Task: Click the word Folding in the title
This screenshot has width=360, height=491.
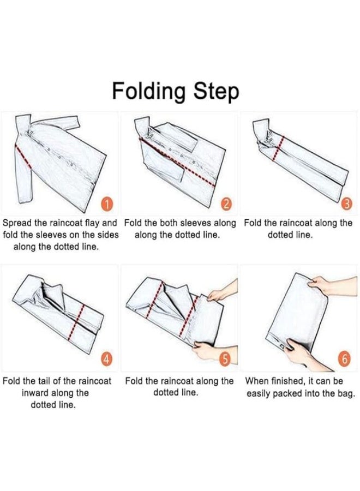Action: pyautogui.click(x=148, y=91)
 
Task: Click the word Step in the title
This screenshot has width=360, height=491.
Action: pyautogui.click(x=216, y=91)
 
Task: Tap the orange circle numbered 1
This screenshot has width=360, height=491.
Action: pyautogui.click(x=107, y=204)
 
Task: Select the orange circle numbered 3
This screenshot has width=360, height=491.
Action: pyautogui.click(x=346, y=204)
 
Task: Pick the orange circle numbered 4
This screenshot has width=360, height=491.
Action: pyautogui.click(x=106, y=359)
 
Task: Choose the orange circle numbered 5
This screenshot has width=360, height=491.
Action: pyautogui.click(x=225, y=359)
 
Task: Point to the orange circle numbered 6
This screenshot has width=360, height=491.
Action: pyautogui.click(x=344, y=359)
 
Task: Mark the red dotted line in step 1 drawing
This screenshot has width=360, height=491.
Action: pyautogui.click(x=23, y=156)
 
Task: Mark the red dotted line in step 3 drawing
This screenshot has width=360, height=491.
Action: pyautogui.click(x=279, y=148)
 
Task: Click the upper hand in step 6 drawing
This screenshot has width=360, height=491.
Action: pyautogui.click(x=332, y=285)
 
